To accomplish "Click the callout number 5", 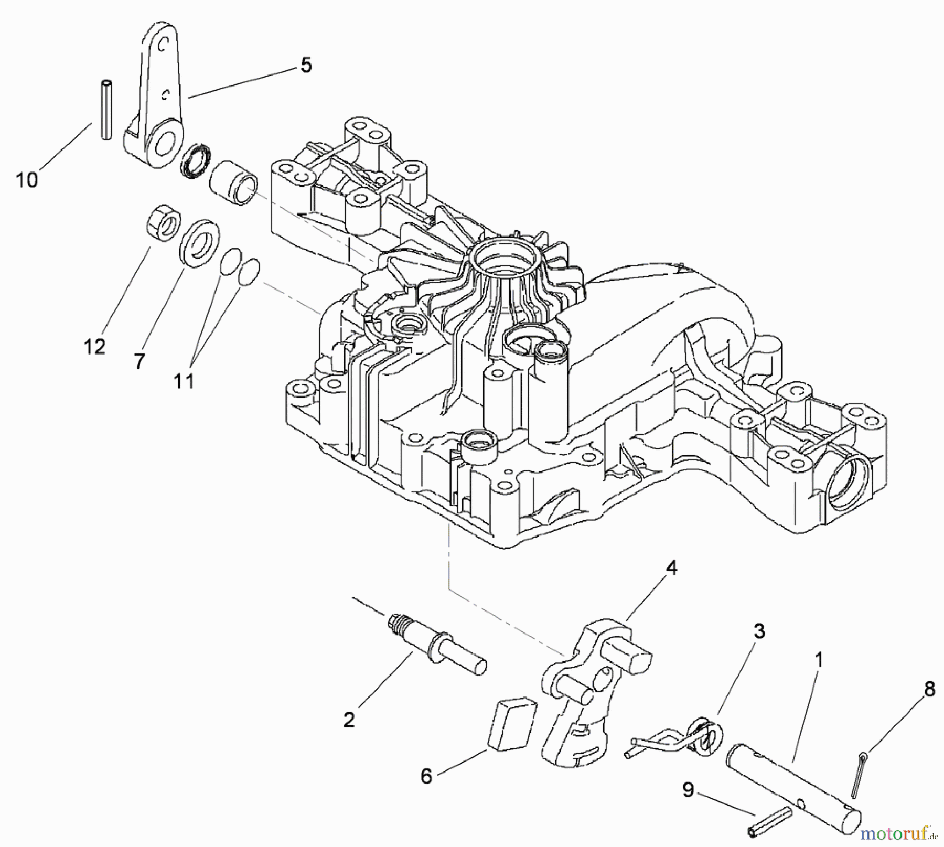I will pyautogui.click(x=306, y=66).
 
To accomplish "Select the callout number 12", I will pyautogui.click(x=95, y=347).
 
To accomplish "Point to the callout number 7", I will pyautogui.click(x=139, y=361).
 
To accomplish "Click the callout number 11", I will pyautogui.click(x=184, y=381).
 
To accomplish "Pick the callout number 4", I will pyautogui.click(x=671, y=568).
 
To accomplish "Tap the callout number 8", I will pyautogui.click(x=929, y=690).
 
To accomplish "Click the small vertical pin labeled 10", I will pyautogui.click(x=107, y=109).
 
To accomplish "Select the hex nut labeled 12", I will pyautogui.click(x=160, y=224).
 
